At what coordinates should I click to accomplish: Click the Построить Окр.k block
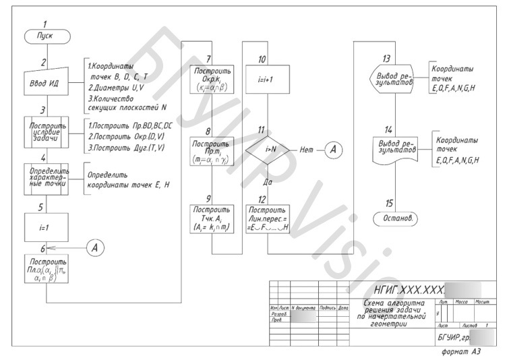pyautogui.click(x=212, y=79)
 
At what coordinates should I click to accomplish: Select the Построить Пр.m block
pyautogui.click(x=212, y=152)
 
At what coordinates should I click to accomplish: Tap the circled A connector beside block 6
pyautogui.click(x=95, y=247)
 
